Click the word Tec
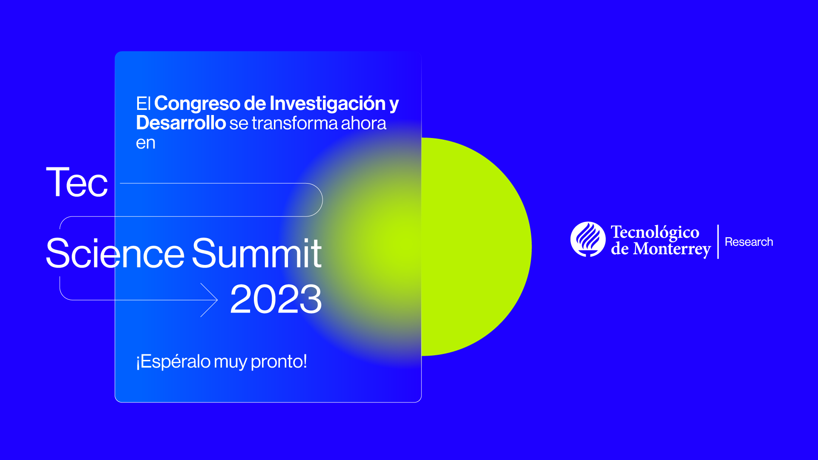[77, 182]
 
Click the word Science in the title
[115, 253]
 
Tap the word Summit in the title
[257, 253]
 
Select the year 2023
[276, 299]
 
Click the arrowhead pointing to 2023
[210, 300]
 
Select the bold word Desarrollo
[181, 123]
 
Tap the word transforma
[294, 124]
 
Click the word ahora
[363, 124]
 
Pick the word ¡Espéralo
[173, 362]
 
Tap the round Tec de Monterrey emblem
[588, 239]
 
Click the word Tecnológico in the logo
[655, 233]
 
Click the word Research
[749, 242]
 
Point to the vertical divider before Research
[718, 241]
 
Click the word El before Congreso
[143, 104]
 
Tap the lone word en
[146, 144]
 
